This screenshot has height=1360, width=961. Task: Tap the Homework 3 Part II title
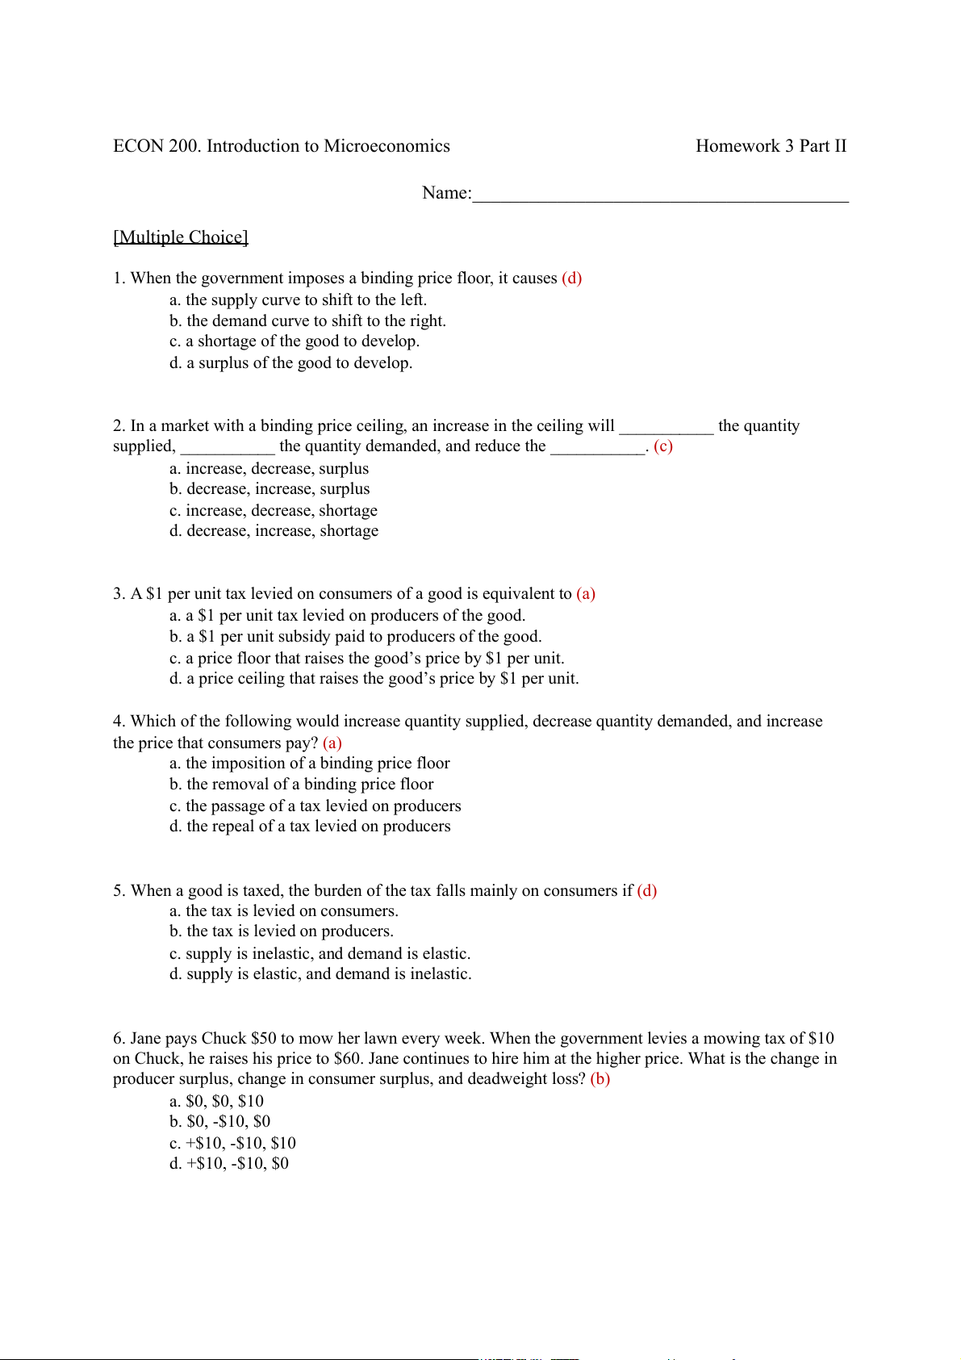771,146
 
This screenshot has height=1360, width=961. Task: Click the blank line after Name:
660,194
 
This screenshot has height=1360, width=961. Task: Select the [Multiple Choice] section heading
181,236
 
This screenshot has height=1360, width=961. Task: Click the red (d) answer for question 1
571,278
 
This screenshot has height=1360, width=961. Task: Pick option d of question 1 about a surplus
290,363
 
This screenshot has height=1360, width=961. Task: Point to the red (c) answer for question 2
662,446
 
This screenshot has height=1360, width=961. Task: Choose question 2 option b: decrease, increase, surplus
269,489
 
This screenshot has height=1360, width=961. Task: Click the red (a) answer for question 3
586,594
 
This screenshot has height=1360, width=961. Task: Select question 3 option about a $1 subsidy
355,637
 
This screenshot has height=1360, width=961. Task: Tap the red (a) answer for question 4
332,743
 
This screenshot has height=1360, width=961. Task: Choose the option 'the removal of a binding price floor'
301,785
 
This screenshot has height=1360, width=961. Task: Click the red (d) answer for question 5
647,891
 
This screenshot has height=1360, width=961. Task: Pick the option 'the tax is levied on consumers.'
283,911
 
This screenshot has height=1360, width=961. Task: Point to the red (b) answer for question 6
600,1079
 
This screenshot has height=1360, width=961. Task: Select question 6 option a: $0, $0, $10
216,1102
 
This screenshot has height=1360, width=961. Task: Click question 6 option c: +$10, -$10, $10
232,1144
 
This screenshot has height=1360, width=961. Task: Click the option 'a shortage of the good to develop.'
294,341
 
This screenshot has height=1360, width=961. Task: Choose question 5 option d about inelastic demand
320,974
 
